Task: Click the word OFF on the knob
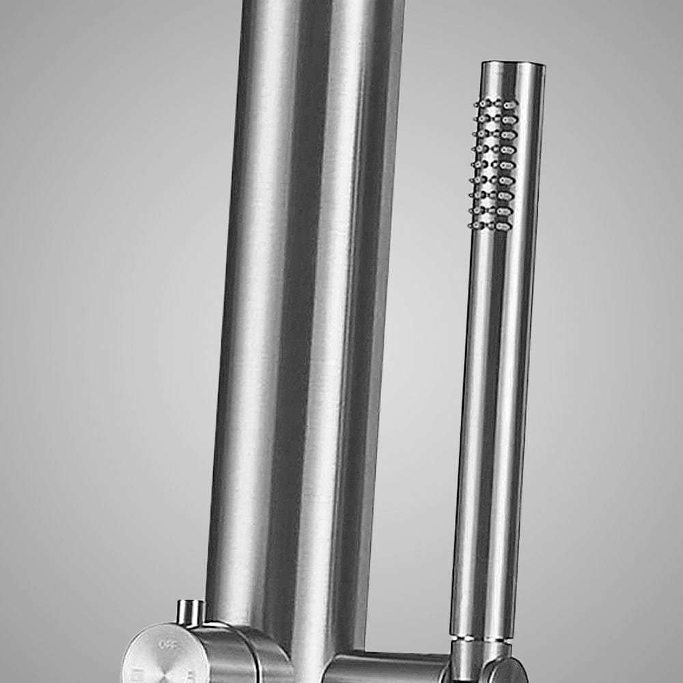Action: [x=167, y=643]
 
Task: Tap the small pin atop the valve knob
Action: [x=191, y=612]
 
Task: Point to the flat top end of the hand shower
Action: [x=512, y=64]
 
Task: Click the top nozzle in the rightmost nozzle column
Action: [x=509, y=104]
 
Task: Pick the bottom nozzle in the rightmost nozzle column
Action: [x=504, y=226]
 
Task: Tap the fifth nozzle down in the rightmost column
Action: [x=507, y=165]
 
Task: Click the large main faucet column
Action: [x=307, y=307]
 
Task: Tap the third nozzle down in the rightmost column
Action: [x=508, y=134]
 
